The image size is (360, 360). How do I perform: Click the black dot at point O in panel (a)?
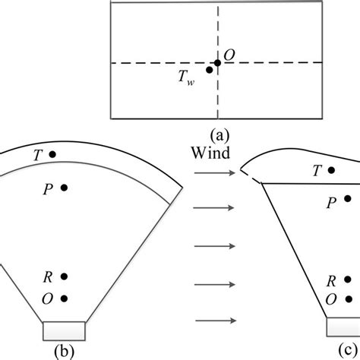pyautogui.click(x=217, y=62)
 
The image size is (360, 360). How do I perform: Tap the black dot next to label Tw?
pyautogui.click(x=209, y=70)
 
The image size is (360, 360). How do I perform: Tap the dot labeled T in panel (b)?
pyautogui.click(x=52, y=154)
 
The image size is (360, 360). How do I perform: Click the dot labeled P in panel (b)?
pyautogui.click(x=64, y=187)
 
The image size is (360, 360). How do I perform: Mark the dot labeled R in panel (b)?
pyautogui.click(x=64, y=276)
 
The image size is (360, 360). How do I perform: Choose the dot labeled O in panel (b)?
pyautogui.click(x=64, y=298)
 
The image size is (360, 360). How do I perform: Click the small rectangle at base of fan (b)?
pyautogui.click(x=65, y=330)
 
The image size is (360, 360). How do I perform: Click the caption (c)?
pyautogui.click(x=332, y=352)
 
